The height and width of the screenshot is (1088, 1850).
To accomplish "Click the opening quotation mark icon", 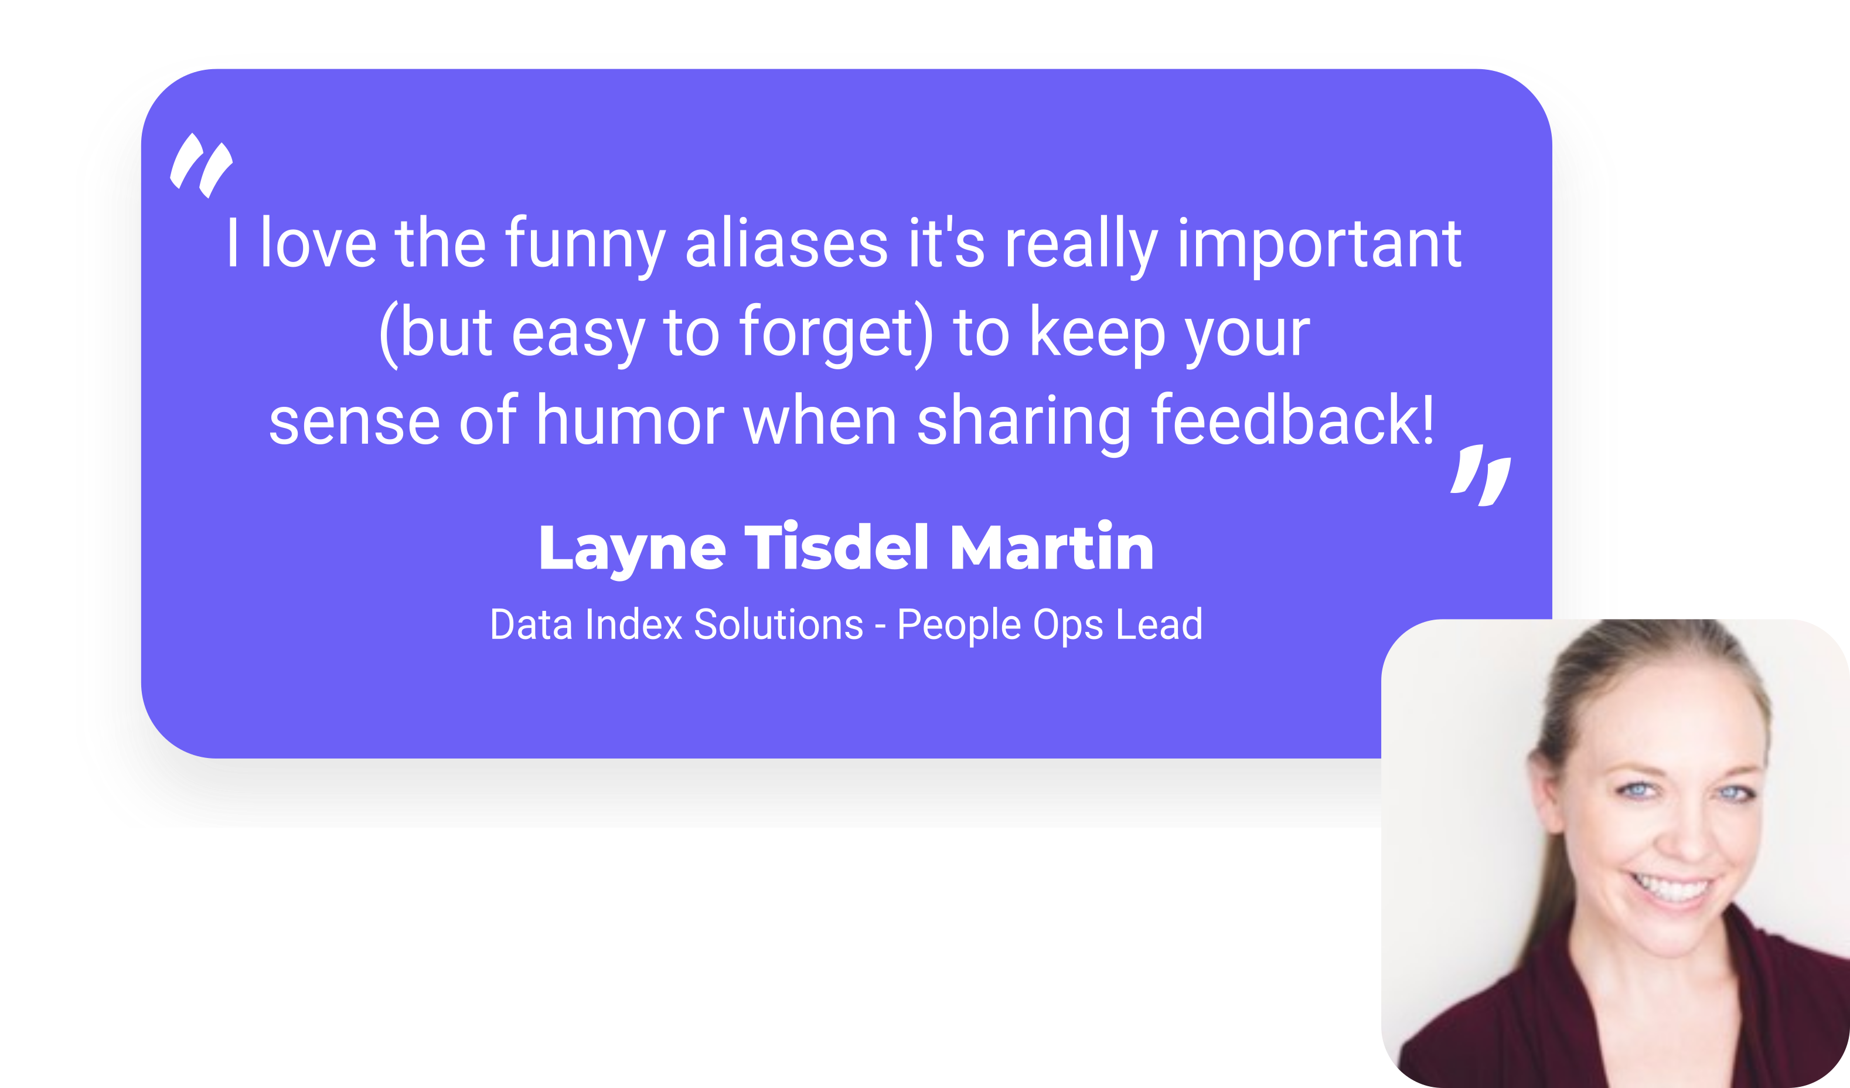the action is [x=201, y=165].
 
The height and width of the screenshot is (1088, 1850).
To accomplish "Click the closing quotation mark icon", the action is [x=1481, y=475].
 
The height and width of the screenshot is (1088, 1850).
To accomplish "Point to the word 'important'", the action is [x=1319, y=246].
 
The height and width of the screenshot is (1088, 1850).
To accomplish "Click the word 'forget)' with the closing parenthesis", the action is [x=836, y=334].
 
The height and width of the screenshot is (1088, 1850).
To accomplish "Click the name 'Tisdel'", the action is [x=837, y=546].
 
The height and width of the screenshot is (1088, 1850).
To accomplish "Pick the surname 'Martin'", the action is [x=1052, y=546].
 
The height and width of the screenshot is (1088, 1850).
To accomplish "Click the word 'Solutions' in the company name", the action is [x=778, y=625].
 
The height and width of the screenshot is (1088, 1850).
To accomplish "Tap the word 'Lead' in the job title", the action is [x=1159, y=625].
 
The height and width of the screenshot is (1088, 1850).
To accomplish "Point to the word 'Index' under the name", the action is [x=634, y=625].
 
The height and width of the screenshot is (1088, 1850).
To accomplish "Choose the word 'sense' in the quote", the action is [x=355, y=424].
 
